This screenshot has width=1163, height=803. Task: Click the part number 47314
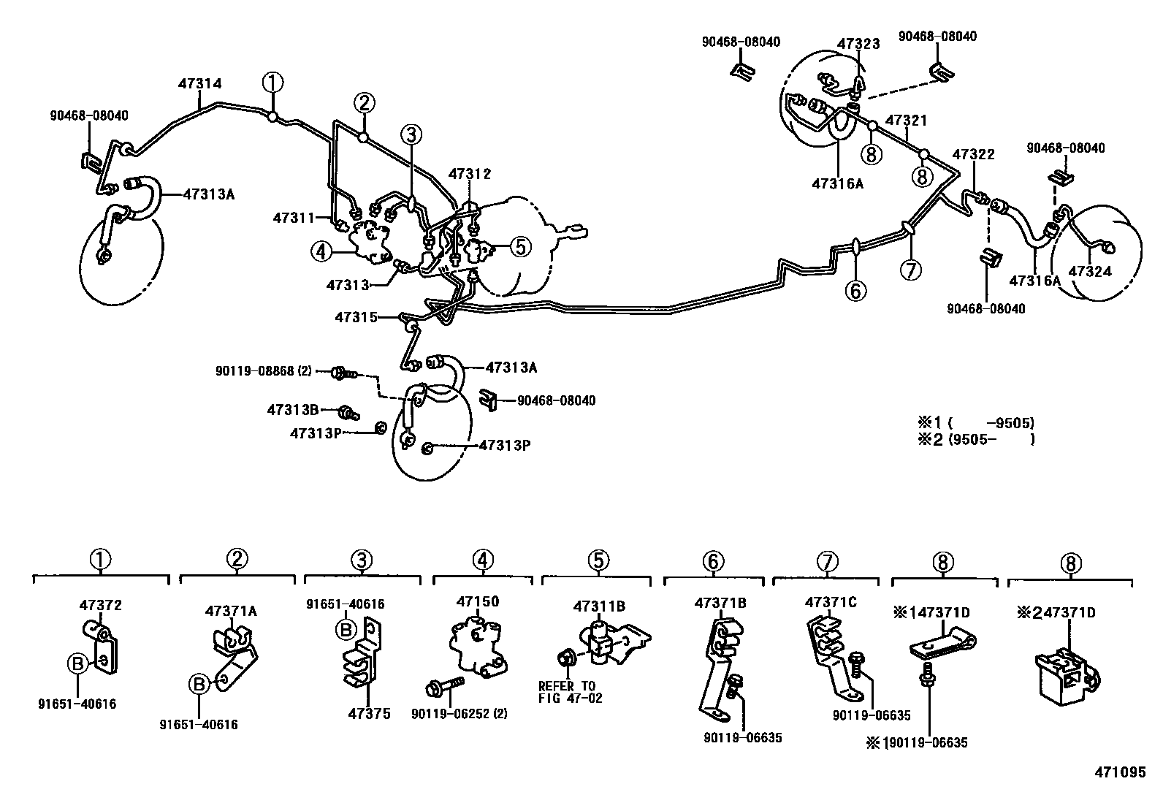pos(199,84)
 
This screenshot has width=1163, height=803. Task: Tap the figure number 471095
pos(1120,772)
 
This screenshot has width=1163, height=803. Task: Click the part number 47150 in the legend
pos(478,601)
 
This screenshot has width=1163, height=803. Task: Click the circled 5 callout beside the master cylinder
pos(519,247)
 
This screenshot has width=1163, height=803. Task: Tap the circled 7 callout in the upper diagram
pos(910,270)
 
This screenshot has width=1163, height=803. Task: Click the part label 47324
pos(1090,272)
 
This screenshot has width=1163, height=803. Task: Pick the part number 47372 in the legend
pos(100,605)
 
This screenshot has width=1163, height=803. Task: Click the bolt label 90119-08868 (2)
pos(263,371)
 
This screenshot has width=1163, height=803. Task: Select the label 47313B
pos(292,411)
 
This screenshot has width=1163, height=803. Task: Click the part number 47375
pos(369,714)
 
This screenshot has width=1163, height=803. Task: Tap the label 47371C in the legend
pos(831,602)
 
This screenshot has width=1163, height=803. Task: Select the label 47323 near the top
pos(858,44)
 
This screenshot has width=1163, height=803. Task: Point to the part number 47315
pos(356,317)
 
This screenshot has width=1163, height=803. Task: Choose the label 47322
pos(973,155)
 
